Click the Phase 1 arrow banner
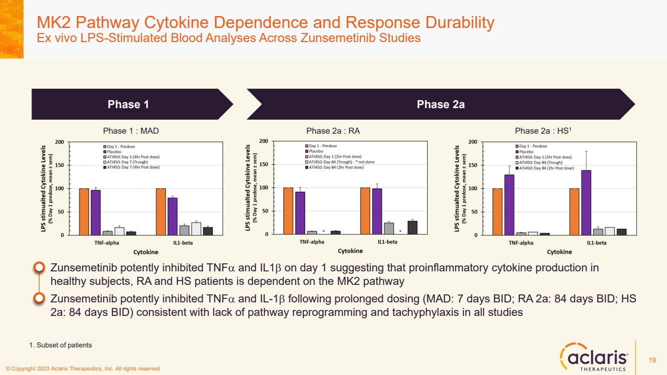pos(129,104)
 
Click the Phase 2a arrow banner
pos(440,104)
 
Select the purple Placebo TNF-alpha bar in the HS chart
pos(509,205)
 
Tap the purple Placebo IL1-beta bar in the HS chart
pos(586,202)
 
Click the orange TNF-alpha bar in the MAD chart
pos(84,212)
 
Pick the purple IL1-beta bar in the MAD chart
pos(173,216)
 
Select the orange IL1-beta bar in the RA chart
pos(365,211)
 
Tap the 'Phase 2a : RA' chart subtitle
pos(333,131)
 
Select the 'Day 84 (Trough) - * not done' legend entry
pos(342,162)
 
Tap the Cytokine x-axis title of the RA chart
pos(350,251)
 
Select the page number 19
pos(652,360)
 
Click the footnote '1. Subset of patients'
pos(61,345)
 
